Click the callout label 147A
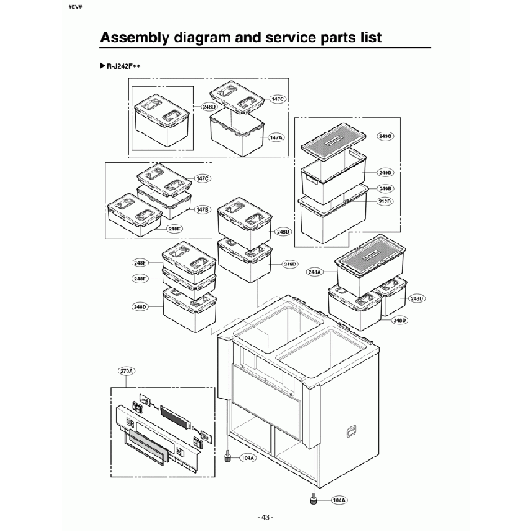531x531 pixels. (x=276, y=138)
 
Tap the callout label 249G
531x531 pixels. (x=386, y=136)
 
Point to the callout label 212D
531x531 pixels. (x=386, y=200)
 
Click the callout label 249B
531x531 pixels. (x=386, y=188)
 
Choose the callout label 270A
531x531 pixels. (x=127, y=372)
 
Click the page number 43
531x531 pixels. (x=265, y=517)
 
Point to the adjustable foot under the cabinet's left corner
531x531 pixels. (x=226, y=456)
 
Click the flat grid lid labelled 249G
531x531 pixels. (x=335, y=146)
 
